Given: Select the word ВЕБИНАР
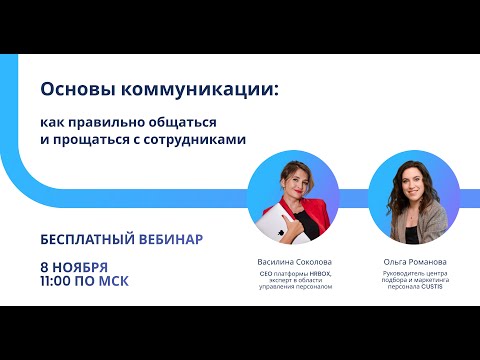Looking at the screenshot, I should coord(171,240).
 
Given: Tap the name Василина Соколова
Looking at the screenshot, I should coord(294,261).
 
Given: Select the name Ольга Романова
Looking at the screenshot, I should coord(409,261).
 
